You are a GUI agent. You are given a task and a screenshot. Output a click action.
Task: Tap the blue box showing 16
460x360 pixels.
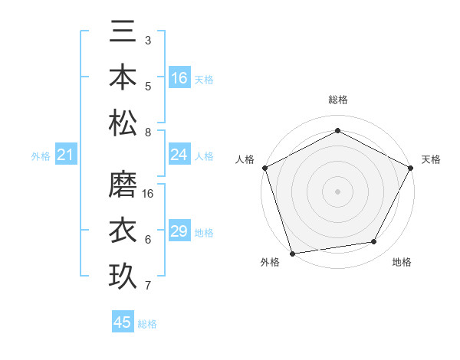179,78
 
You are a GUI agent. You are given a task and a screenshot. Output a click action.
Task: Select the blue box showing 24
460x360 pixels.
179,155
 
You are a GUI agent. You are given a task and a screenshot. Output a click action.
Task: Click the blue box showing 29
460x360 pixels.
179,232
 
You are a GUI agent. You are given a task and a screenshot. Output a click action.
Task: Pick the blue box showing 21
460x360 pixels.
65,155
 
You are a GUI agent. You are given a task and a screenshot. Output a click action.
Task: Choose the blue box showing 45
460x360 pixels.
122,322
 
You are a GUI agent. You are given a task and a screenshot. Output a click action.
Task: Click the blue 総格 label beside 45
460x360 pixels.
147,324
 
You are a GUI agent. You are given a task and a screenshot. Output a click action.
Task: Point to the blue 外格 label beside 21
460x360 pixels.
41,156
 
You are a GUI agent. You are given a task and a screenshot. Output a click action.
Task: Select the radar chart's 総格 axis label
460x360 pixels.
337,100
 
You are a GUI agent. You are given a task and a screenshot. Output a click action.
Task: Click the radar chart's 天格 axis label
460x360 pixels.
431,159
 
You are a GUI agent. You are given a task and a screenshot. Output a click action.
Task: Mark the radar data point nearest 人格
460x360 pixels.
264,167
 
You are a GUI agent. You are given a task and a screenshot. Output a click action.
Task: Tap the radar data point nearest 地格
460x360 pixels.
374,242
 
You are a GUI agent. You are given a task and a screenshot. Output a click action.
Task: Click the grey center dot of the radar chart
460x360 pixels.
337,191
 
